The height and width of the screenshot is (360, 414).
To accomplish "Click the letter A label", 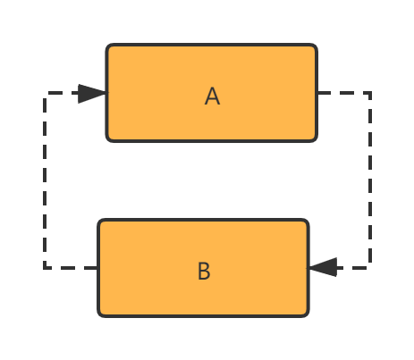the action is (212, 96).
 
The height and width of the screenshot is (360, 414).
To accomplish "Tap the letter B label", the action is (204, 271).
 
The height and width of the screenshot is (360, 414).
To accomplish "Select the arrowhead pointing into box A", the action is (92, 94).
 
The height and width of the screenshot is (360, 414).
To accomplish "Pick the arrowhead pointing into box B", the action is (322, 267).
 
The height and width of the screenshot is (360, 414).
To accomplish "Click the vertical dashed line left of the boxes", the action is (45, 180).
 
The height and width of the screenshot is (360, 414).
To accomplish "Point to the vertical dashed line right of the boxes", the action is (370, 180).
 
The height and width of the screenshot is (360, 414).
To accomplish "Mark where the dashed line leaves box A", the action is (318, 93).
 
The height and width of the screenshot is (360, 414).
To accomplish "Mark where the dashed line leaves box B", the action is (97, 268).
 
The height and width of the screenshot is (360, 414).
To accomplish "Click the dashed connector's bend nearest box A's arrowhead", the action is (45, 93).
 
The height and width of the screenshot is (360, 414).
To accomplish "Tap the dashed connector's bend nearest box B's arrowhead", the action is (370, 268).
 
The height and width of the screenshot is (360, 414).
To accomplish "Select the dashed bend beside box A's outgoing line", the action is (370, 93).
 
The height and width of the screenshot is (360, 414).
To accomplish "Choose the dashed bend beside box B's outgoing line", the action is (45, 268).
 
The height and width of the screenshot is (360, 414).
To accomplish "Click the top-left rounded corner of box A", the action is (108, 46).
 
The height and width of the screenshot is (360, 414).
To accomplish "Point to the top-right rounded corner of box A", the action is (316, 46).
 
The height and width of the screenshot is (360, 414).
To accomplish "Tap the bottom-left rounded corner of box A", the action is (108, 139).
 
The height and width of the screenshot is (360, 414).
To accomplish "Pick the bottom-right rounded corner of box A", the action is (316, 139).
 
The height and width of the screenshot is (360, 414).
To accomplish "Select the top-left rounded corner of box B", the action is (100, 222).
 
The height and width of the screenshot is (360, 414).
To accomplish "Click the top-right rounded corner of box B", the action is (307, 222).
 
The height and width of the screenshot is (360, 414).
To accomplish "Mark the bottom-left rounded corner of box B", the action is (100, 314).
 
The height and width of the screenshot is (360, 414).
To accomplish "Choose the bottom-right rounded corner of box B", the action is (307, 314).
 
